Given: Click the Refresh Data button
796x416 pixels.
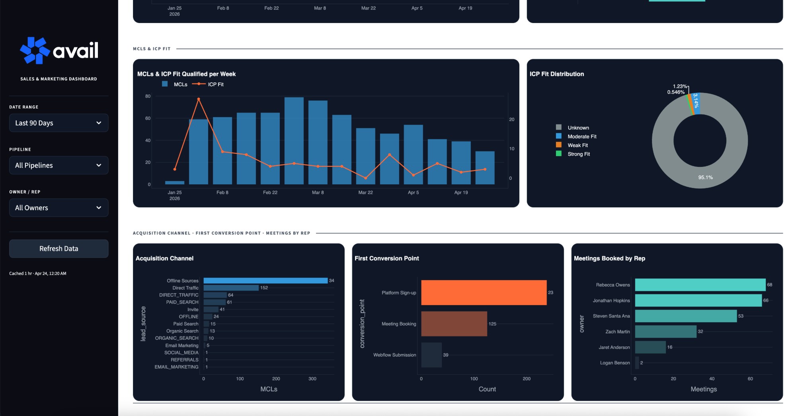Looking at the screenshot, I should click(59, 248).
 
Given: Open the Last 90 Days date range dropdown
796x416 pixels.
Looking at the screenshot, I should click(59, 123).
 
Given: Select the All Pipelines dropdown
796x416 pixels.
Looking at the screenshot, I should click(59, 165).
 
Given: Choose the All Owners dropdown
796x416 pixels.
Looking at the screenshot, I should click(59, 208).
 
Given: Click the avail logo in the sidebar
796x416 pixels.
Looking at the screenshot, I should click(59, 50).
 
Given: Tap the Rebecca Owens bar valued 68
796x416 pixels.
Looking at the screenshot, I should click(700, 285).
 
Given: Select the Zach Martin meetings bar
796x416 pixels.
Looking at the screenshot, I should click(665, 331).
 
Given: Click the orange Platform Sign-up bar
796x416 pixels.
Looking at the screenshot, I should click(484, 292).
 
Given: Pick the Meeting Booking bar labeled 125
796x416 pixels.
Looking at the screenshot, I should click(454, 324).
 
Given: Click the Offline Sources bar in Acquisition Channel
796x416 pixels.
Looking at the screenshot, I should click(265, 281).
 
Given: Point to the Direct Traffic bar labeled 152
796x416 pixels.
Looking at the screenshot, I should click(231, 288).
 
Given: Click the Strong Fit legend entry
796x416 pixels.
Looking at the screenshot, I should click(578, 154).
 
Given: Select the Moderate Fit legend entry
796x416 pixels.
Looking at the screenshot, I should click(581, 137).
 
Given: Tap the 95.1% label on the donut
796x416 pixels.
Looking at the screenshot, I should click(705, 178).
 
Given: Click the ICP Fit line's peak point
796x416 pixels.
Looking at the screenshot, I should click(199, 99).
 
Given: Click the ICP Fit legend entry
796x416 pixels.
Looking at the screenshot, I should click(215, 84).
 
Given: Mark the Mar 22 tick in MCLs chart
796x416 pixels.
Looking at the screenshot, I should click(365, 192).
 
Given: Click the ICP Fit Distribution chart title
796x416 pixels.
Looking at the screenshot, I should click(556, 74).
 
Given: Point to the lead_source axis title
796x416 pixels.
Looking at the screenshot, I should click(143, 323).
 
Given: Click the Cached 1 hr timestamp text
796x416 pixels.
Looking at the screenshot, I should click(38, 273).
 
